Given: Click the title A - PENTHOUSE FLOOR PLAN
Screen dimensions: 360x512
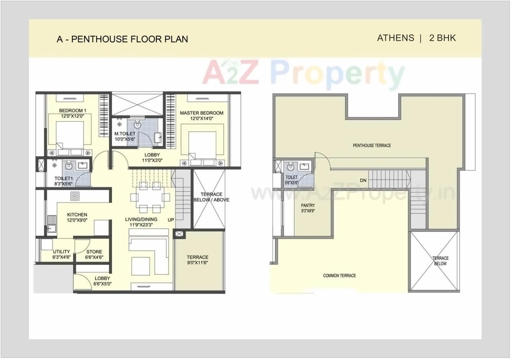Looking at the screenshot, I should click(122, 39).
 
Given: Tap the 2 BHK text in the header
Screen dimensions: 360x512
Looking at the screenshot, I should click(442, 38).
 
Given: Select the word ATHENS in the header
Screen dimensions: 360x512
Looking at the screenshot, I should click(395, 38).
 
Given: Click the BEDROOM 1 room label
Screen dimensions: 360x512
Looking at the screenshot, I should click(72, 111).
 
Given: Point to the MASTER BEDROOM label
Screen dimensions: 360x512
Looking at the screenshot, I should click(201, 113).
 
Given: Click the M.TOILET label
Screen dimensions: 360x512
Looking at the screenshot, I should click(125, 134).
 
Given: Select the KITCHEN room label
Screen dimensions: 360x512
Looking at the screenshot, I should click(77, 215).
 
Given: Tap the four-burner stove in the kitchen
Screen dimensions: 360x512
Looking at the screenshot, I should click(75, 196).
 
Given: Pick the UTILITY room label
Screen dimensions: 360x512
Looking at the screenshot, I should click(61, 252).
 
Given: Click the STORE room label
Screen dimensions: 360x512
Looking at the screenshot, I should click(94, 252).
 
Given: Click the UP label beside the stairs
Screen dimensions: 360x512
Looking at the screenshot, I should click(171, 220).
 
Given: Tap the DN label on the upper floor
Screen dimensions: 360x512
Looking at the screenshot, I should click(363, 180).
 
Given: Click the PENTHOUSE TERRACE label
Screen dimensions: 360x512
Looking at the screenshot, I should click(372, 145).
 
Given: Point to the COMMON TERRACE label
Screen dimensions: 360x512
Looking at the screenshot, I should click(339, 276).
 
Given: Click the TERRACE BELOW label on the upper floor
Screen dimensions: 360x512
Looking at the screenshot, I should click(440, 261).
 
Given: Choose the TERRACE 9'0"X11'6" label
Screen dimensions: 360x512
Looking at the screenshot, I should click(197, 257).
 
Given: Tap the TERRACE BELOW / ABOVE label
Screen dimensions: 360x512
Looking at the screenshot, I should click(211, 197).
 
